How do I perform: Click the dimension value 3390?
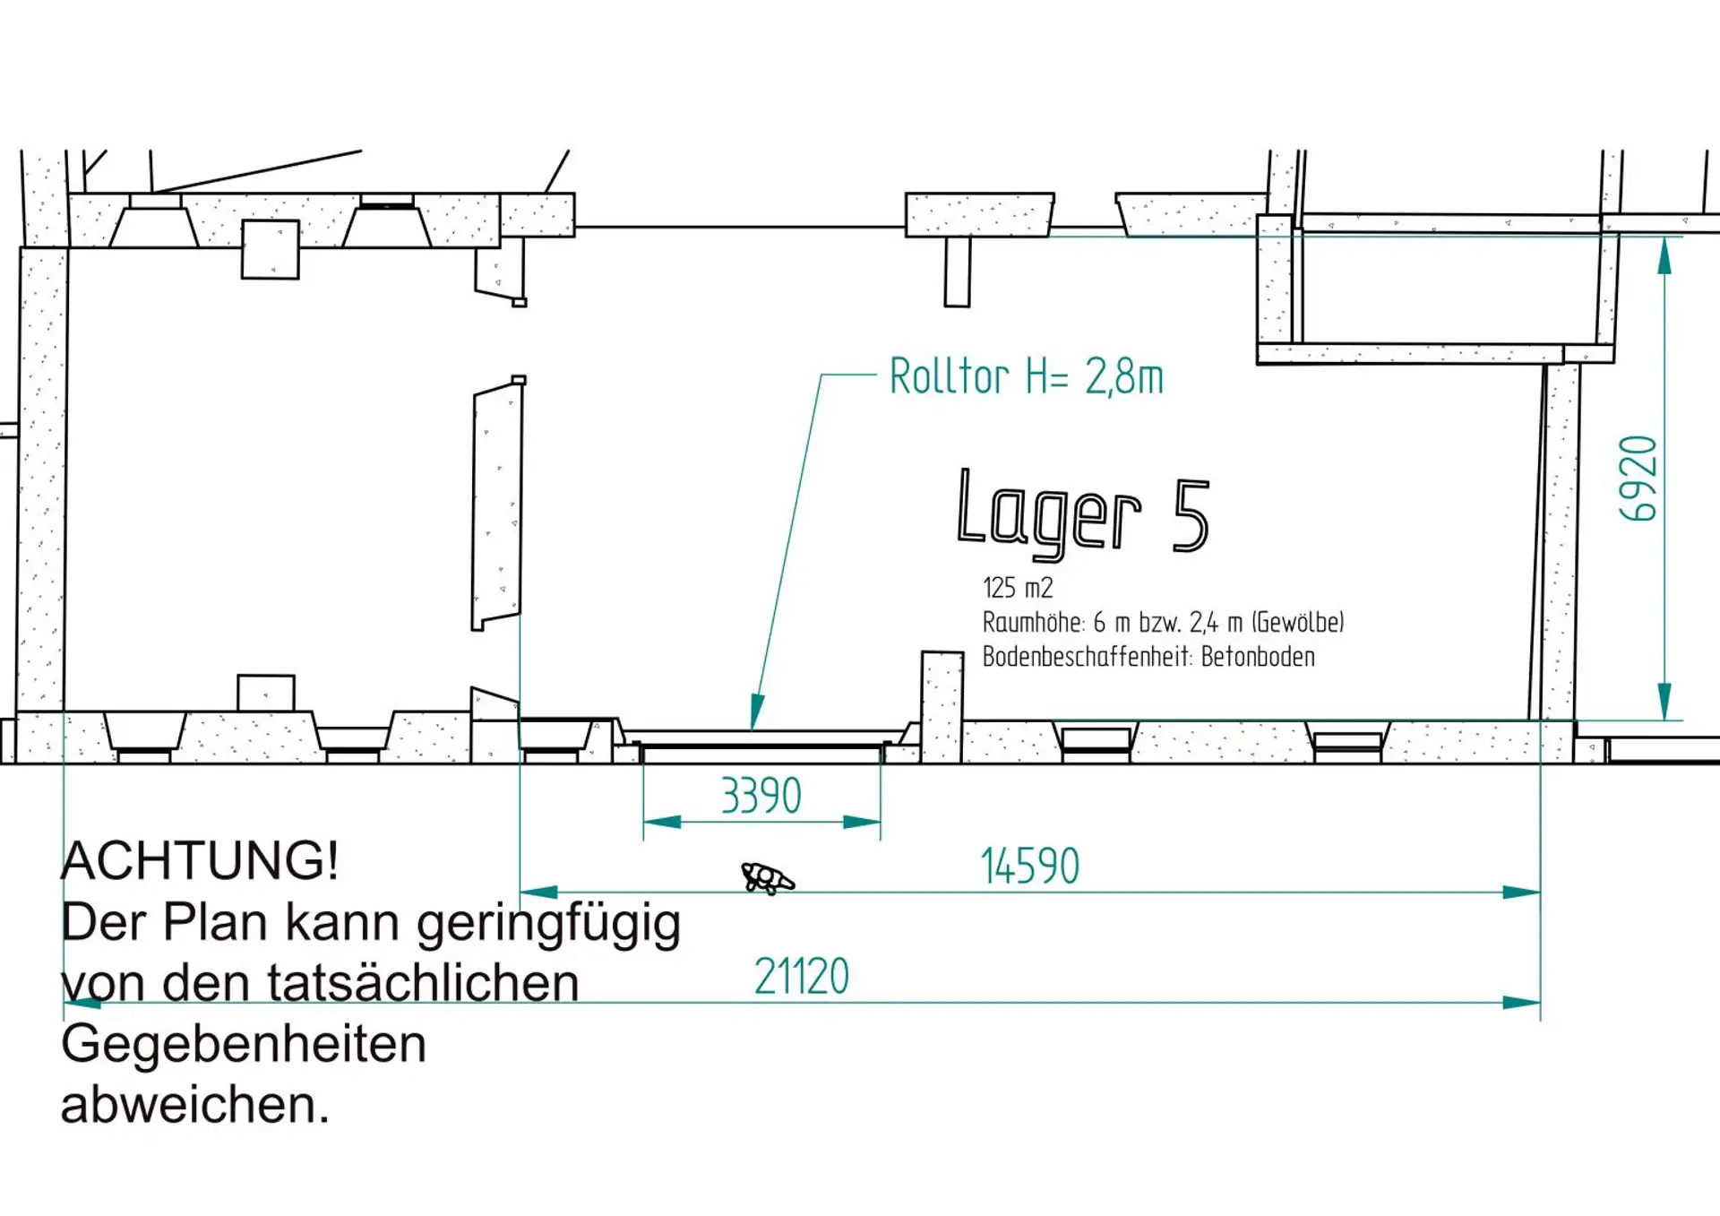pyautogui.click(x=761, y=796)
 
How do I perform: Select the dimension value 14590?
pyautogui.click(x=1030, y=867)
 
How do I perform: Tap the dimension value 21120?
pyautogui.click(x=802, y=977)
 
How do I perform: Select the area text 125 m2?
pyautogui.click(x=1018, y=588)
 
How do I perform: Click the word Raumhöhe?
pyautogui.click(x=1034, y=622)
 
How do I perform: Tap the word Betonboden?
pyautogui.click(x=1258, y=657)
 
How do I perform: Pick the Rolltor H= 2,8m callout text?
pyautogui.click(x=1027, y=376)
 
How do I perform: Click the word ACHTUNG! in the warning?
pyautogui.click(x=200, y=861)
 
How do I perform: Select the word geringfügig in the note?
pyautogui.click(x=549, y=925)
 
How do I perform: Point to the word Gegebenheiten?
pyautogui.click(x=244, y=1046)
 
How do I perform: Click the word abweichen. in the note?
pyautogui.click(x=195, y=1104)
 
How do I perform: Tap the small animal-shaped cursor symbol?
pyautogui.click(x=767, y=878)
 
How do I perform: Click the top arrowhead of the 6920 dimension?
pyautogui.click(x=1664, y=255)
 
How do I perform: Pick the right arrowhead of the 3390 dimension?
pyautogui.click(x=863, y=822)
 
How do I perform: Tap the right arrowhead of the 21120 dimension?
pyautogui.click(x=1522, y=1003)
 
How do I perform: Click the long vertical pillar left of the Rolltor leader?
pyautogui.click(x=497, y=505)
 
